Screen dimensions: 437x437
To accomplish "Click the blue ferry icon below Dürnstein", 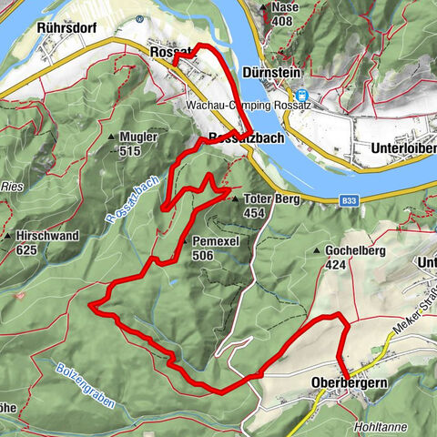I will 301,93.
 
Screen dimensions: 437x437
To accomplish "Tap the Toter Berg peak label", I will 268,198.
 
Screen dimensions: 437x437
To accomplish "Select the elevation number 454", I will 255,213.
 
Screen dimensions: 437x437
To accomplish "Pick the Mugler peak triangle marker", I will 112,137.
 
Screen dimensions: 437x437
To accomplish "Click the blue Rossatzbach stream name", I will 132,199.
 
